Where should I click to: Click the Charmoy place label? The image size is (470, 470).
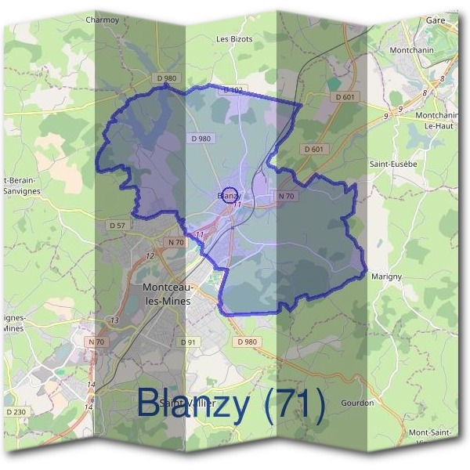pyautogui.click(x=102, y=20)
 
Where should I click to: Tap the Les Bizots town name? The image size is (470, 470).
pyautogui.click(x=233, y=38)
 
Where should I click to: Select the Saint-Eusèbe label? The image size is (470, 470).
pyautogui.click(x=393, y=164)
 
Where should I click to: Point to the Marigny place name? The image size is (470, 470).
pyautogui.click(x=386, y=277)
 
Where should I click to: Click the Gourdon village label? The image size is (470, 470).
pyautogui.click(x=357, y=403)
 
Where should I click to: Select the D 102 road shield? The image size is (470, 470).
pyautogui.click(x=233, y=90)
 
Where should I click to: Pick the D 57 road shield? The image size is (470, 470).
pyautogui.click(x=117, y=226)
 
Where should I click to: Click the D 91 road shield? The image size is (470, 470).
pyautogui.click(x=188, y=342)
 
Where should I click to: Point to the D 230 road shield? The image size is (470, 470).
pyautogui.click(x=16, y=412)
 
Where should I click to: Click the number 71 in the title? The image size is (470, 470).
pyautogui.click(x=295, y=404)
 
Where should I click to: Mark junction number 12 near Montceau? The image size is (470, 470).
pyautogui.click(x=150, y=256)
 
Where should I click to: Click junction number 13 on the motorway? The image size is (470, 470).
pyautogui.click(x=114, y=320)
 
